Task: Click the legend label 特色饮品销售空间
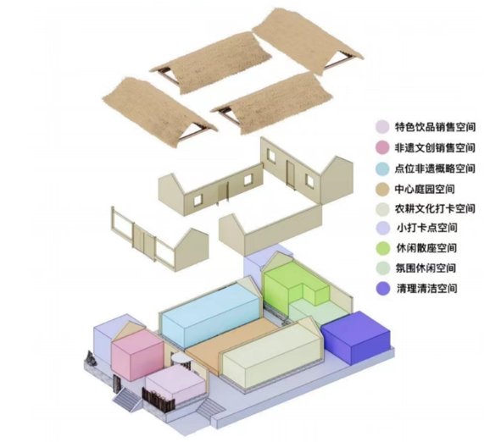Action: click(435, 127)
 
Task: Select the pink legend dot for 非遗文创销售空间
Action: click(382, 147)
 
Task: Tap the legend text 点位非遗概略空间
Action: click(435, 169)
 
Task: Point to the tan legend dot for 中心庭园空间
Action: click(382, 189)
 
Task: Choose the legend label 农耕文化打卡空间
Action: click(435, 208)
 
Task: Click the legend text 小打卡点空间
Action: click(427, 228)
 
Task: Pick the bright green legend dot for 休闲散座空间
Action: click(383, 248)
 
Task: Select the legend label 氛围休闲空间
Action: click(426, 268)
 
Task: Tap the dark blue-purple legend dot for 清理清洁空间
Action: click(383, 289)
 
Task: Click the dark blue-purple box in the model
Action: click(356, 337)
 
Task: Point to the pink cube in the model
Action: click(137, 354)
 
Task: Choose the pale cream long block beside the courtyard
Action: click(271, 354)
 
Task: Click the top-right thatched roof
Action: click(308, 41)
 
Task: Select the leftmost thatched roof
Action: click(159, 112)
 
